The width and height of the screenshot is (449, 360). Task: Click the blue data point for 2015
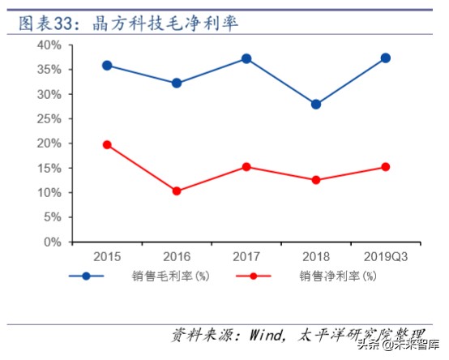pyautogui.click(x=107, y=65)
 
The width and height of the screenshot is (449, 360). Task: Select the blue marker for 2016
pyautogui.click(x=177, y=83)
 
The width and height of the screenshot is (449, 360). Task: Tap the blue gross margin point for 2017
pyautogui.click(x=246, y=58)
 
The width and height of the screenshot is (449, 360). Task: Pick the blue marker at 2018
pyautogui.click(x=315, y=104)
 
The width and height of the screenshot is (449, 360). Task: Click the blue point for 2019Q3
pyautogui.click(x=385, y=58)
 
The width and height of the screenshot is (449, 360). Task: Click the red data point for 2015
pyautogui.click(x=107, y=144)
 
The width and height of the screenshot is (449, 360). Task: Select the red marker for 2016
pyautogui.click(x=177, y=191)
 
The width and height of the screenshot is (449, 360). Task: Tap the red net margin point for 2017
pyautogui.click(x=246, y=166)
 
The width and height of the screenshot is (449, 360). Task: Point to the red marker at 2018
pyautogui.click(x=315, y=180)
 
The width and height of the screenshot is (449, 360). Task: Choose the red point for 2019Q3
pyautogui.click(x=385, y=167)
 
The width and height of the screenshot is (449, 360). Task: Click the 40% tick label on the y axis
pyautogui.click(x=49, y=45)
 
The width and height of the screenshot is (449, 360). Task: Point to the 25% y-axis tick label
pyautogui.click(x=49, y=118)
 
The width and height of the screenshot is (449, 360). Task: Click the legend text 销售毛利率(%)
pyautogui.click(x=171, y=276)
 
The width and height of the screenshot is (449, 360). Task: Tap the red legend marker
pyautogui.click(x=254, y=276)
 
